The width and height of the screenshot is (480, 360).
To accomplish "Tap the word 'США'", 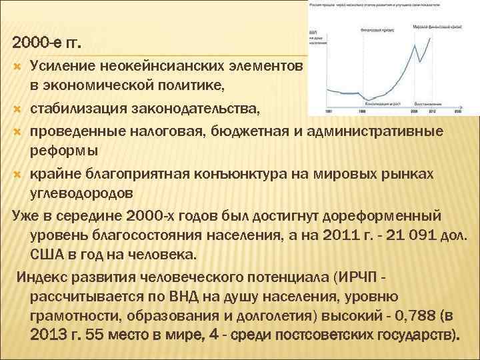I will pos(48,255).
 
